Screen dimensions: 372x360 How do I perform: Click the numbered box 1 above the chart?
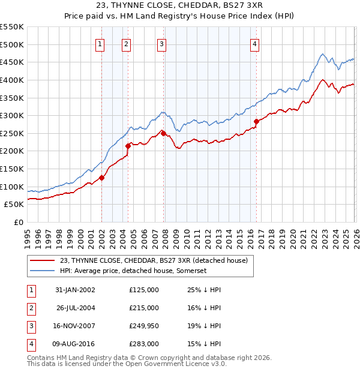click(x=100, y=43)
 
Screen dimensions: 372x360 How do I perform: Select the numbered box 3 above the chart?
click(x=162, y=43)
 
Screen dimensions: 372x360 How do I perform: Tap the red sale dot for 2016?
click(x=256, y=121)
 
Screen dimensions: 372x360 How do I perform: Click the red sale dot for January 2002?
click(x=102, y=177)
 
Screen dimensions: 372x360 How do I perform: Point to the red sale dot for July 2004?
click(x=128, y=145)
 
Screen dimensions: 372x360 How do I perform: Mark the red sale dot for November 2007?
click(x=163, y=133)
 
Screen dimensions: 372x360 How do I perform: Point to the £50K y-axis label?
click(x=14, y=205)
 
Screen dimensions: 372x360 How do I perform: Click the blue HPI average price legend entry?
click(x=133, y=271)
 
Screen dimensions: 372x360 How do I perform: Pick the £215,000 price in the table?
click(x=144, y=308)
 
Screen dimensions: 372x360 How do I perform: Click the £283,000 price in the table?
click(x=144, y=344)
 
